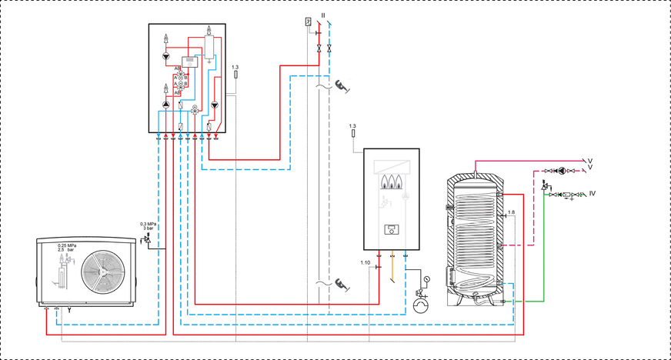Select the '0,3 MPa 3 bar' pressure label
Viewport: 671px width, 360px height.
click(146, 227)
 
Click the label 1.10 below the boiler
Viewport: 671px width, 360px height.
click(365, 263)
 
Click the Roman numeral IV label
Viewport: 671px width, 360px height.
click(593, 195)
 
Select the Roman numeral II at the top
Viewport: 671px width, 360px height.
click(324, 16)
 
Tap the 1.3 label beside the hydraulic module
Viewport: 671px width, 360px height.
click(235, 68)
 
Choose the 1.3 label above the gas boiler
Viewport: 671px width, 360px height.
click(352, 125)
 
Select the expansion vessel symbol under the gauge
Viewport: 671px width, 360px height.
click(422, 305)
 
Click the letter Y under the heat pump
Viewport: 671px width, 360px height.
click(69, 312)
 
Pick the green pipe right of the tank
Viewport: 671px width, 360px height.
click(544, 254)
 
